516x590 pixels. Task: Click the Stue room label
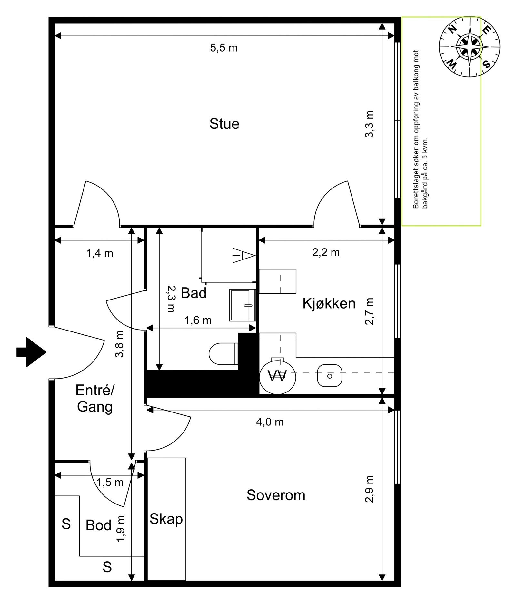coord(224,124)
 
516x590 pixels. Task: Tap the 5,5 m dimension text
coord(223,48)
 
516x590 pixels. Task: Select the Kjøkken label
coord(329,304)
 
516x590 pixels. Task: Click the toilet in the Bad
coord(223,354)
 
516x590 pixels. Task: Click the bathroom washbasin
coord(242,305)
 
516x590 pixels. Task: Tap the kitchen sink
coord(329,376)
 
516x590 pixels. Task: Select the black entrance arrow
coord(32,352)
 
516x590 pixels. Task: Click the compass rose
coord(469,47)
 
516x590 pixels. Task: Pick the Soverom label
coord(276,495)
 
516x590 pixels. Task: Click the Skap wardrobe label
coord(166,519)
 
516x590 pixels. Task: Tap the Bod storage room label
coord(98,525)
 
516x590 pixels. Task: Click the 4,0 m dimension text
coord(270,422)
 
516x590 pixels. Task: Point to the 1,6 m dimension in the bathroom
coord(198,320)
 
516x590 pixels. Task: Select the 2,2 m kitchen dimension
coord(326,252)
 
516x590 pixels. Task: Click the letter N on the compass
coord(453,29)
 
